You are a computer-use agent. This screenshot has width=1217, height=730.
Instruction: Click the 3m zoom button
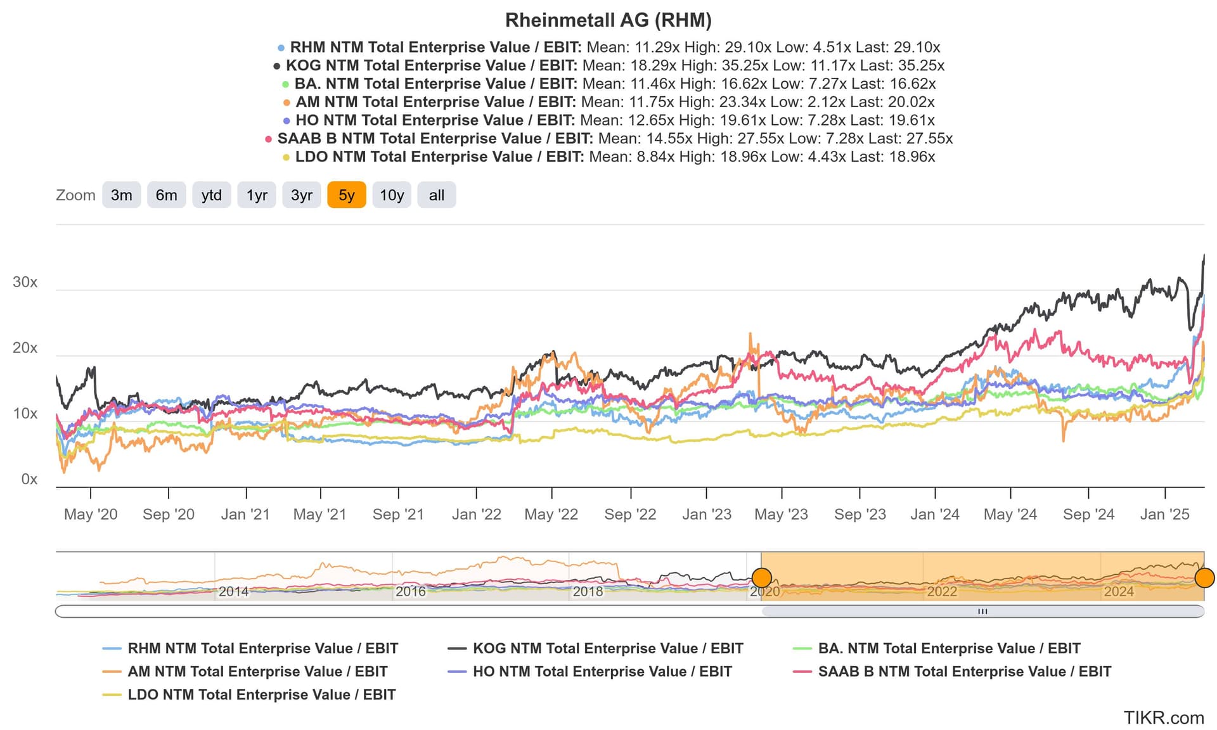point(121,195)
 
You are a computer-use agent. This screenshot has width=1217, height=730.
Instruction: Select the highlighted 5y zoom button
point(346,195)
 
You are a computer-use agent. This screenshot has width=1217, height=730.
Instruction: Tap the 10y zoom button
point(392,195)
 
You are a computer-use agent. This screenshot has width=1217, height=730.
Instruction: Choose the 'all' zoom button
point(436,195)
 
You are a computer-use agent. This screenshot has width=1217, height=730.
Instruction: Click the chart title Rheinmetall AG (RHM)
point(608,20)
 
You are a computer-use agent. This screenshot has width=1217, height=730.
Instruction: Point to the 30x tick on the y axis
point(25,283)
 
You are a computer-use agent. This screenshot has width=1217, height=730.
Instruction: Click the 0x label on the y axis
point(29,480)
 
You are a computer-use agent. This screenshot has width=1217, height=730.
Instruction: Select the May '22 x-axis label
point(551,515)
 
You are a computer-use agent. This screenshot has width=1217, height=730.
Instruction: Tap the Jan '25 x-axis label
point(1164,515)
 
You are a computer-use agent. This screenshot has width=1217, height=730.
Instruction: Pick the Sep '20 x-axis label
point(168,515)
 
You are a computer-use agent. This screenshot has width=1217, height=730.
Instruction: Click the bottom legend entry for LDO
point(261,695)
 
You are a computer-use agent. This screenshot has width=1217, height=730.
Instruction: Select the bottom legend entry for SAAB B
point(964,672)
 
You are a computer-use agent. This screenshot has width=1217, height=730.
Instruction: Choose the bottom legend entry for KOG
point(607,649)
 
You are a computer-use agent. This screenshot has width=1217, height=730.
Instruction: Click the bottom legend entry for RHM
point(262,649)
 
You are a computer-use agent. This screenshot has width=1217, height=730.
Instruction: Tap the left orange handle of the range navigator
point(761,578)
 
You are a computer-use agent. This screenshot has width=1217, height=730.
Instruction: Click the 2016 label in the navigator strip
point(410,592)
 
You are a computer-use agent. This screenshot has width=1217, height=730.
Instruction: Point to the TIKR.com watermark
point(1163,718)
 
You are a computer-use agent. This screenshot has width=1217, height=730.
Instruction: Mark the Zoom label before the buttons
point(75,195)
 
